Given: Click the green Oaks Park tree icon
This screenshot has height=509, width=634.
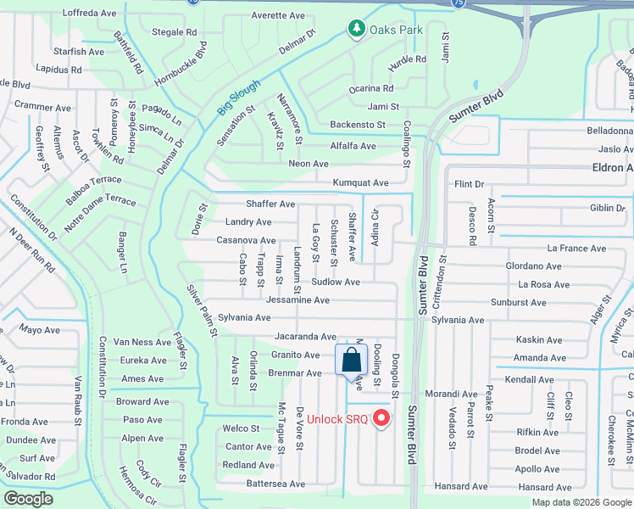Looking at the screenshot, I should click(357, 30).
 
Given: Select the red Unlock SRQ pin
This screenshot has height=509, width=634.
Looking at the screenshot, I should click(381, 417).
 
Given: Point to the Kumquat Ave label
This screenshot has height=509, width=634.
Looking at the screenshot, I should click(361, 182).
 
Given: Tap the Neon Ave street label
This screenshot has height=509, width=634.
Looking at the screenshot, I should click(309, 164).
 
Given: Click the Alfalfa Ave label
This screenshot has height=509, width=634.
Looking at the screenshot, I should click(353, 146).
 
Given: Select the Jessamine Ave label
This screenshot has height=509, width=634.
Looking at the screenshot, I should click(298, 299).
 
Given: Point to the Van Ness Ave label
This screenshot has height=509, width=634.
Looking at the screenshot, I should click(145, 342).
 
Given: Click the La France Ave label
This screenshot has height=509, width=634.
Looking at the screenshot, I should click(576, 249).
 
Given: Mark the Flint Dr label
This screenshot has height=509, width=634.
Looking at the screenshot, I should click(469, 184).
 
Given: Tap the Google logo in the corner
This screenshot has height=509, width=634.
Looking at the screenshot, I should click(28, 499).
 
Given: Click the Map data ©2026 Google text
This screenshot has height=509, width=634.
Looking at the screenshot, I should click(581, 502).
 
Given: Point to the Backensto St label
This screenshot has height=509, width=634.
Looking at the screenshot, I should click(358, 125).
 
